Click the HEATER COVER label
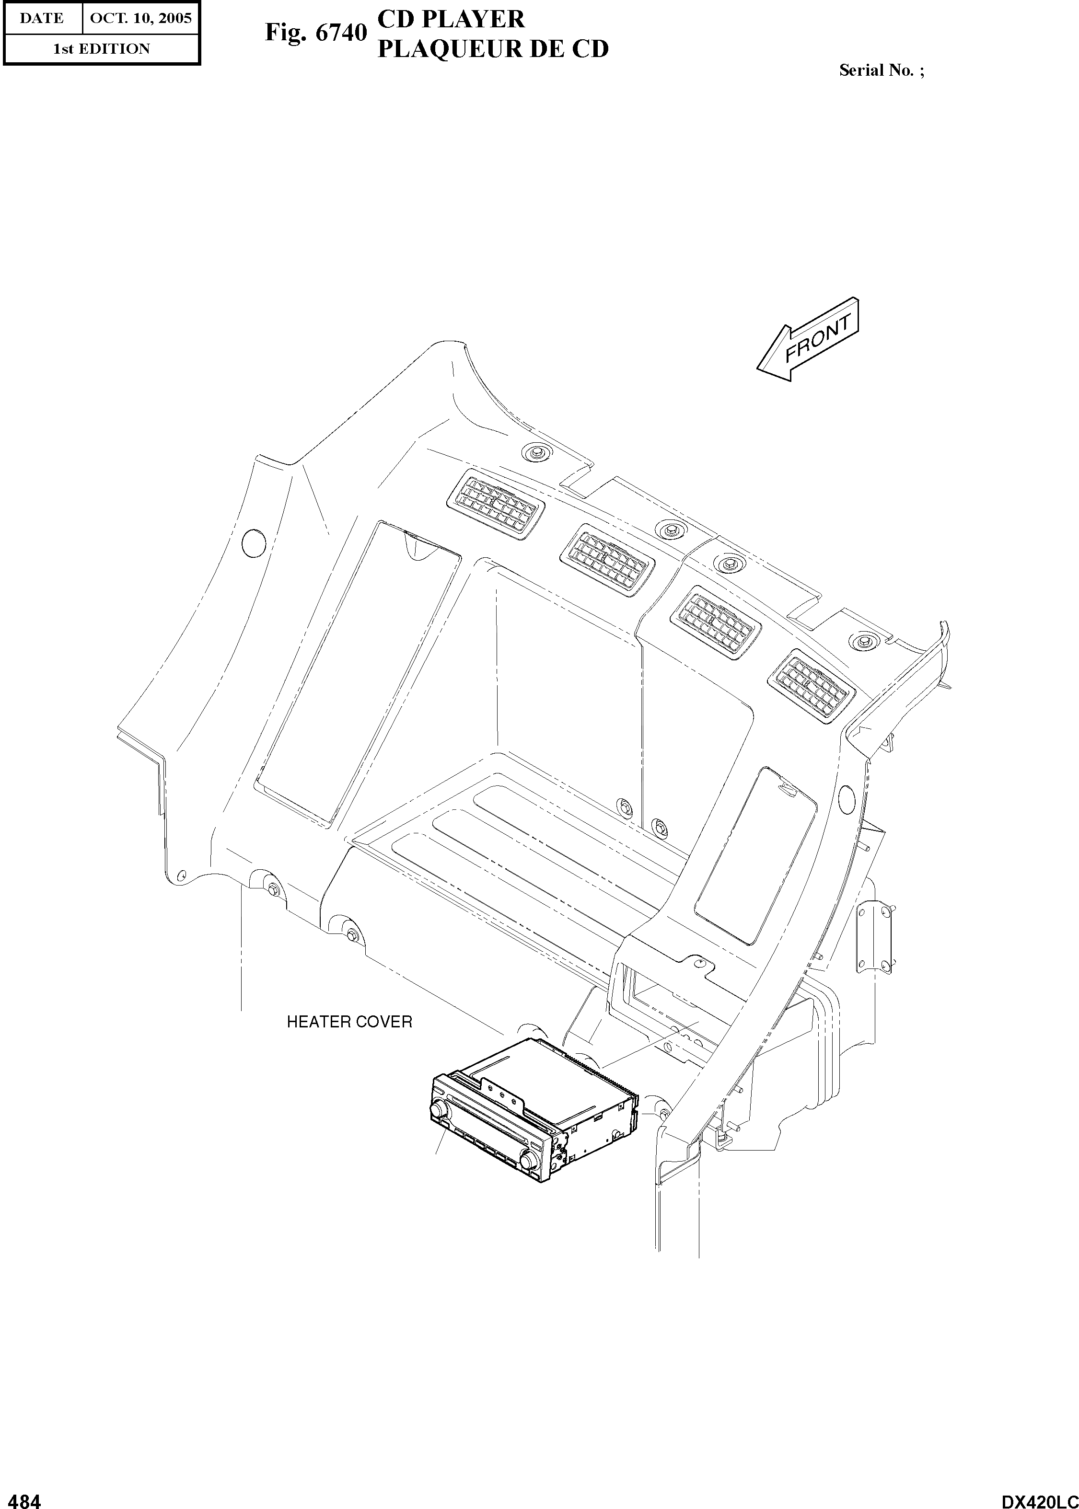click(349, 1022)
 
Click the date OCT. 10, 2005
click(140, 18)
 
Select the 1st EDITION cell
click(101, 48)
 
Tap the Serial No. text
click(881, 70)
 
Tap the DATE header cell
click(42, 18)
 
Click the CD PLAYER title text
click(451, 19)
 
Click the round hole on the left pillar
click(253, 543)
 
